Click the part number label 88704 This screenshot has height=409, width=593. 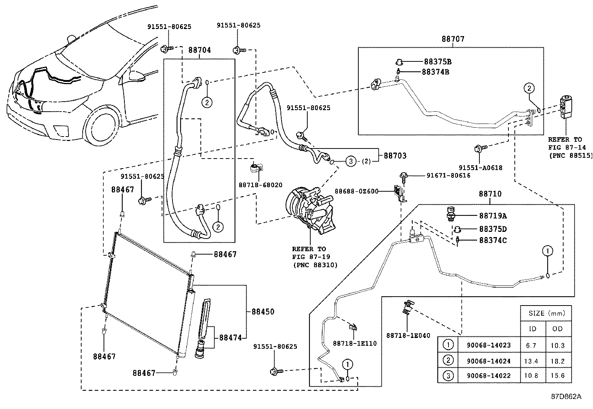pyautogui.click(x=199, y=50)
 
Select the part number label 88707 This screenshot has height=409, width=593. pyautogui.click(x=453, y=39)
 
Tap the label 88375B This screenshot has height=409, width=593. pyautogui.click(x=438, y=62)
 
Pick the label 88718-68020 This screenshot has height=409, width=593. pyautogui.click(x=260, y=185)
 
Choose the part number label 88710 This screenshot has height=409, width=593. pyautogui.click(x=490, y=194)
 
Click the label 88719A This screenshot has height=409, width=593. pyautogui.click(x=492, y=216)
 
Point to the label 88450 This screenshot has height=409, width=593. pyautogui.click(x=263, y=311)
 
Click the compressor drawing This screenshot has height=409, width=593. pyautogui.click(x=310, y=208)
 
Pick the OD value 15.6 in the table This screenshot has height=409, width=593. pyautogui.click(x=557, y=376)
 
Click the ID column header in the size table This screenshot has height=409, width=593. pyautogui.click(x=533, y=329)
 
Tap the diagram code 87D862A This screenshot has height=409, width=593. pyautogui.click(x=566, y=396)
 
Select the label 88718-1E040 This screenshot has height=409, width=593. pyautogui.click(x=408, y=335)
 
